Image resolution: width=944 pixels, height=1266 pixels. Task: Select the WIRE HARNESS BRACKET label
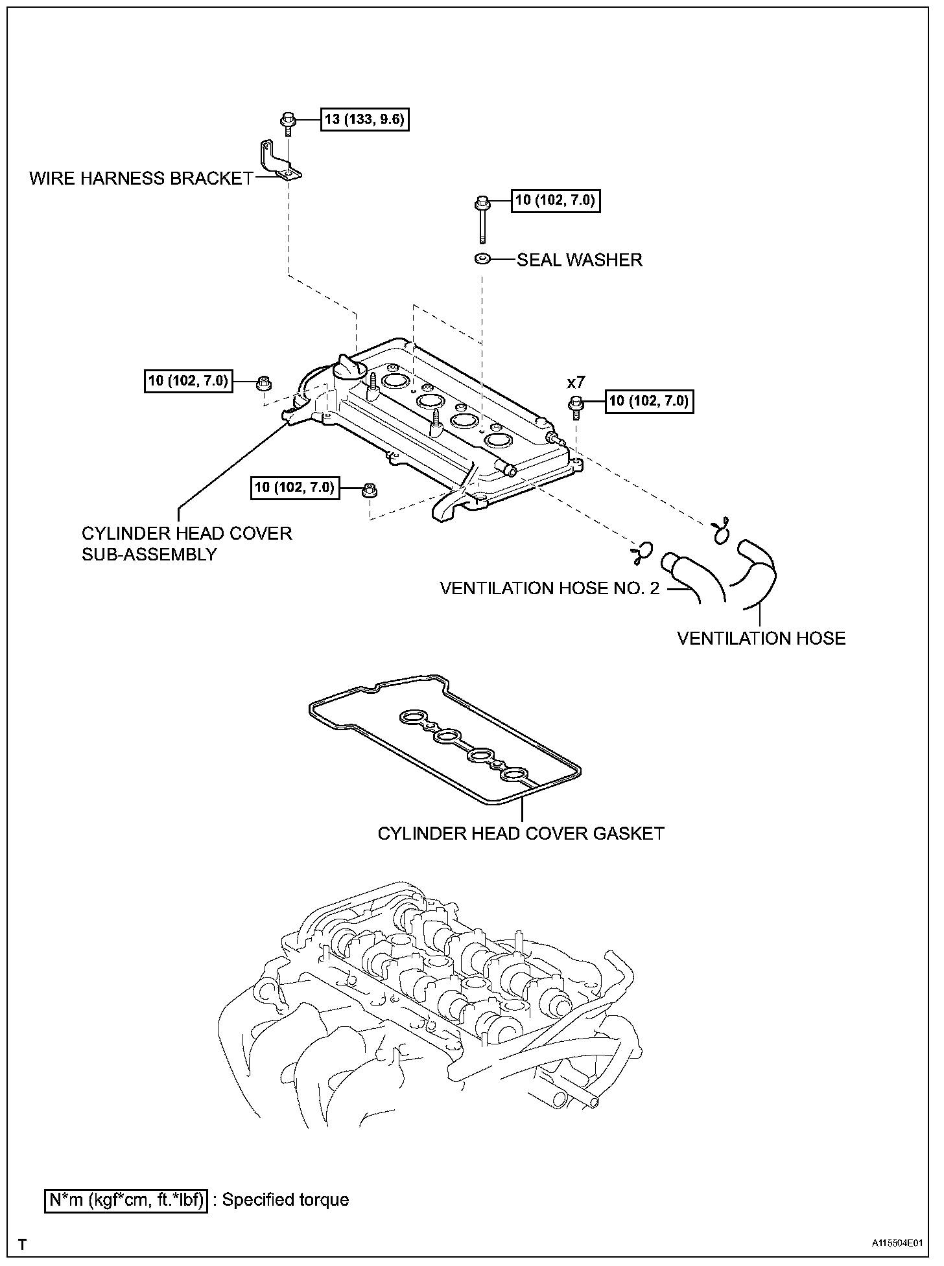tap(141, 178)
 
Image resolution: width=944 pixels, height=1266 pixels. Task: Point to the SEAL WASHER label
tap(579, 260)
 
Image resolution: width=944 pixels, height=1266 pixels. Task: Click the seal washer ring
tap(482, 259)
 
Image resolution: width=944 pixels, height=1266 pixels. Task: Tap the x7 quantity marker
tap(576, 383)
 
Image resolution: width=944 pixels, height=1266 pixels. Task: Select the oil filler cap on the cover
tap(349, 373)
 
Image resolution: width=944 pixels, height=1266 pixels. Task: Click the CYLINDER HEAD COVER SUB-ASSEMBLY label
tap(187, 544)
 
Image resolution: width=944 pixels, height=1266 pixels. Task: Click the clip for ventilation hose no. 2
tap(641, 551)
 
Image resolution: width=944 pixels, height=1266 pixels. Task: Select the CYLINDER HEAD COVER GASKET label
tap(521, 833)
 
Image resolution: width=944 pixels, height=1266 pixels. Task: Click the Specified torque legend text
tap(285, 1199)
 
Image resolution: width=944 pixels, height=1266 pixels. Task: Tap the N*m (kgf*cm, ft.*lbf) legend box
tap(126, 1200)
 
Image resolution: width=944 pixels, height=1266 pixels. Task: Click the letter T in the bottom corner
tap(22, 1245)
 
